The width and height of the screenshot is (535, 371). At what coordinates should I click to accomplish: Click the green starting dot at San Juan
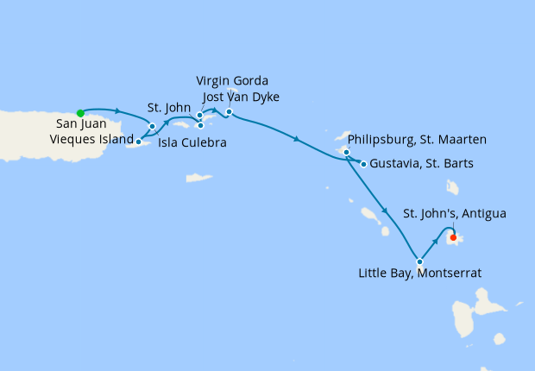80,112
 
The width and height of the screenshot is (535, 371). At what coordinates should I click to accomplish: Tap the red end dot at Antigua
453,237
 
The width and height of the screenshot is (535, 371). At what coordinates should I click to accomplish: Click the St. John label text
168,108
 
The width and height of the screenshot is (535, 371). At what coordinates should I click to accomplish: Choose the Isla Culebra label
192,143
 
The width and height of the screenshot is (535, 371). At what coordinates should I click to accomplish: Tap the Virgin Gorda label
232,81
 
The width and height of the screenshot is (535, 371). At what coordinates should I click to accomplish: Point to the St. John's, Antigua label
455,213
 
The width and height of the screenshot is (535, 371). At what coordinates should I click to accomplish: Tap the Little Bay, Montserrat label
420,273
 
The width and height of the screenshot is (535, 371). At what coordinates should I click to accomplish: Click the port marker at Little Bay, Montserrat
419,261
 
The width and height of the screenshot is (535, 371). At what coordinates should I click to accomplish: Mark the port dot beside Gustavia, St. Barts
363,164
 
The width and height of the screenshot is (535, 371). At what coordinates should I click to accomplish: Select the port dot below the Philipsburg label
346,153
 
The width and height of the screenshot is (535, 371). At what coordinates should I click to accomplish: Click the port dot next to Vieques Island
139,140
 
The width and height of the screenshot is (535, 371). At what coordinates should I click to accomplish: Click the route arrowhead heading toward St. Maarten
297,139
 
